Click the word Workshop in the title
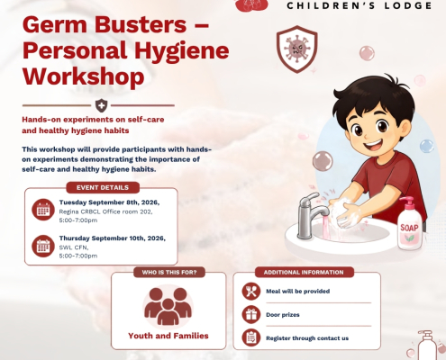[83, 76]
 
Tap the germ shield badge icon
[296, 49]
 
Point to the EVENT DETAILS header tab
[103, 188]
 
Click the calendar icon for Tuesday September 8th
[43, 210]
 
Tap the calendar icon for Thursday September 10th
[43, 246]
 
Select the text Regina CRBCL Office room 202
[105, 211]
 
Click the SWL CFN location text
[74, 247]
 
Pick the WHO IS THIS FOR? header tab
[169, 273]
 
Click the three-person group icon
[168, 306]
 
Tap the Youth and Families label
[168, 336]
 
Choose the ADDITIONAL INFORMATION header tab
[304, 273]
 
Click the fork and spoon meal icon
[251, 292]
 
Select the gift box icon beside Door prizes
[251, 314]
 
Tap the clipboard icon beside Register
[251, 337]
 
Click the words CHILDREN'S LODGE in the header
[360, 5]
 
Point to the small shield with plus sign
[101, 105]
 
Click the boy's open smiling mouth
[373, 145]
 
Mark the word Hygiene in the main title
[182, 50]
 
